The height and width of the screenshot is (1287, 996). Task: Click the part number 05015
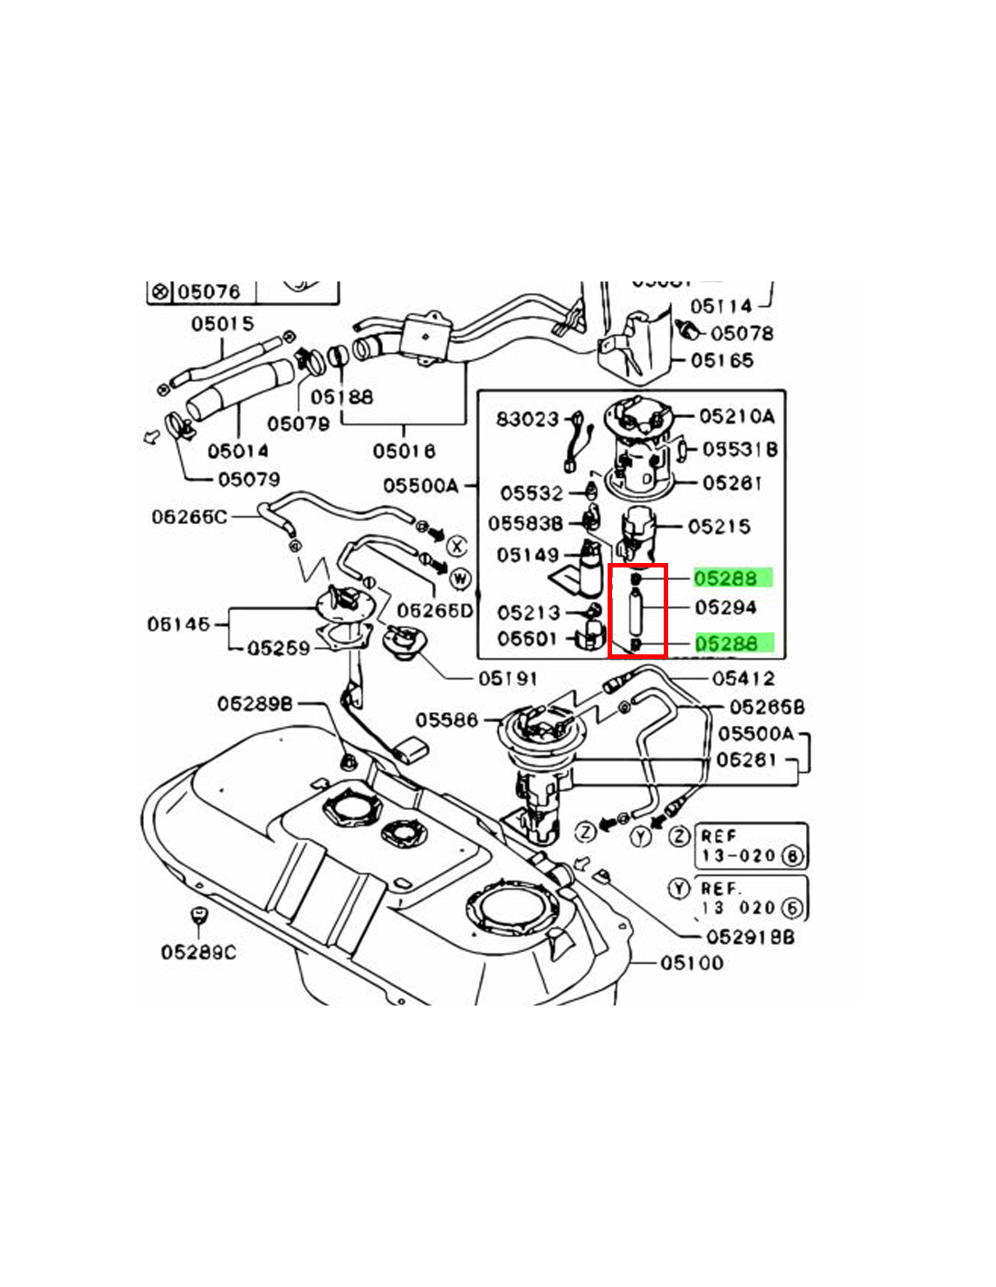[222, 323]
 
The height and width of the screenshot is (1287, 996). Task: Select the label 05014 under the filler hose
[237, 450]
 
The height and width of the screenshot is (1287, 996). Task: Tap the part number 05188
[341, 396]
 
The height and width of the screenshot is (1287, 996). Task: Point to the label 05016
[404, 450]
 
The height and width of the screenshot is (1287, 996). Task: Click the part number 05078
[742, 333]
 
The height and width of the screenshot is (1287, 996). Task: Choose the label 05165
[722, 360]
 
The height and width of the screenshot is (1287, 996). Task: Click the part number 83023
[527, 419]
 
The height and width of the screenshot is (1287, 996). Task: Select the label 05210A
[737, 416]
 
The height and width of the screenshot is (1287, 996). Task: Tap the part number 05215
[719, 526]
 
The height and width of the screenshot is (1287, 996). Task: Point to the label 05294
[725, 607]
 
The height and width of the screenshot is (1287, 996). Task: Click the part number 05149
[527, 554]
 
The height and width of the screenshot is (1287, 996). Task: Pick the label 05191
[507, 677]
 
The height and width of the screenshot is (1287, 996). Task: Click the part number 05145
[178, 624]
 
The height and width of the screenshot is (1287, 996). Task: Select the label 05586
[446, 720]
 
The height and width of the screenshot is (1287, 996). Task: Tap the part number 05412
[743, 677]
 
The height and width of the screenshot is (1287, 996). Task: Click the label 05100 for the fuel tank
[692, 962]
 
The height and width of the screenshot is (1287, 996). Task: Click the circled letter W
[460, 577]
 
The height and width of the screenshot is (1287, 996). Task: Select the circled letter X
[457, 545]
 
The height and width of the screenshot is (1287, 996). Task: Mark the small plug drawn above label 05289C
[196, 917]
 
